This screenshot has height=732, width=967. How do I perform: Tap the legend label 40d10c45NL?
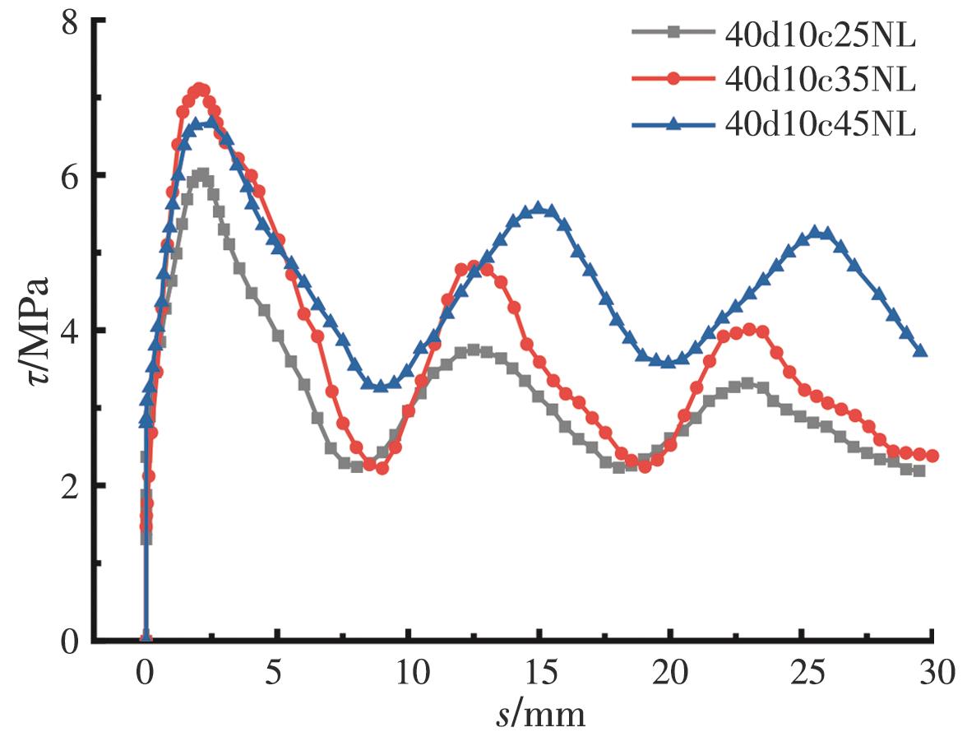[821, 125]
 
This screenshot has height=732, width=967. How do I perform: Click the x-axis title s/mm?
[540, 714]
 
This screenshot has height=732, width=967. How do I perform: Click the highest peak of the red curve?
[198, 88]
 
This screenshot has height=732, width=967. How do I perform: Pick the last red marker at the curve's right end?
[932, 456]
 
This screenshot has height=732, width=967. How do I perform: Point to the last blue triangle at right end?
[921, 351]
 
